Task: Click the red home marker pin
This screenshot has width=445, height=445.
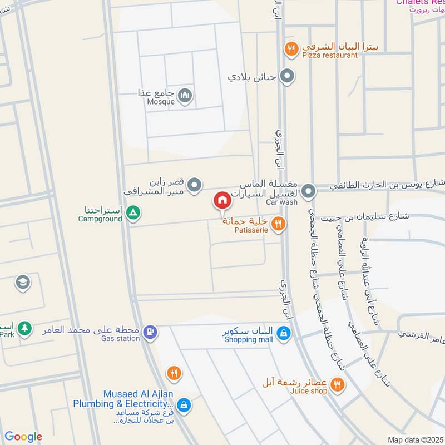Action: click(221, 201)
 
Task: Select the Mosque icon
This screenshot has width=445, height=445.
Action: click(186, 96)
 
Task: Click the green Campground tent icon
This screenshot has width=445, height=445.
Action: click(132, 212)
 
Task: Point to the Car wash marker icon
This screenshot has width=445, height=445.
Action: click(308, 192)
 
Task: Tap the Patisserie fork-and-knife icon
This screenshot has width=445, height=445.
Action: click(279, 224)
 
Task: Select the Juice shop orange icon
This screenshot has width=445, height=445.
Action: click(337, 384)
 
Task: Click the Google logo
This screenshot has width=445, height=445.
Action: click(23, 437)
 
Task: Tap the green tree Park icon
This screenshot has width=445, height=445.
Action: click(24, 328)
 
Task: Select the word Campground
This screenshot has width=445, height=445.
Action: click(100, 219)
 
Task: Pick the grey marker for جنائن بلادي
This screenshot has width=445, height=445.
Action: click(287, 76)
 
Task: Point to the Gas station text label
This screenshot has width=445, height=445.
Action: click(120, 338)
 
